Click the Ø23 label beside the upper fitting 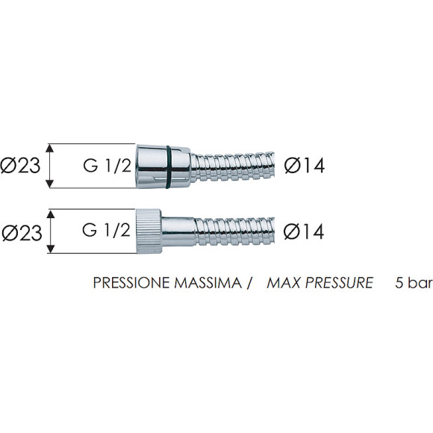[x=20, y=166]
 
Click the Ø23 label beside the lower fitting [x=22, y=232]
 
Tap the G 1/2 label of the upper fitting [x=108, y=166]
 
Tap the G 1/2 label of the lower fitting [x=106, y=230]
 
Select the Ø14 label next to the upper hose [x=305, y=166]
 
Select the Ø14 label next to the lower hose [x=304, y=231]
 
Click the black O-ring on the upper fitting [x=169, y=166]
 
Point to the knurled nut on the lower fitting [x=149, y=231]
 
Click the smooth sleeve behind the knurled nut [x=178, y=231]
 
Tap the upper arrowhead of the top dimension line [x=49, y=149]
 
